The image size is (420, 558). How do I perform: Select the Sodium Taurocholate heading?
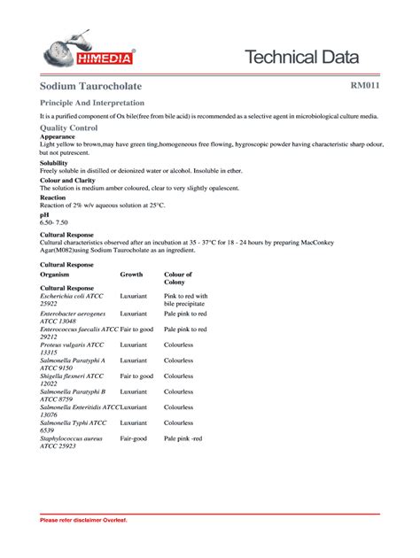click(x=89, y=87)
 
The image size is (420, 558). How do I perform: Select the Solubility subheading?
click(x=54, y=163)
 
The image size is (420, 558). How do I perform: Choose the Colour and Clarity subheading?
click(x=66, y=180)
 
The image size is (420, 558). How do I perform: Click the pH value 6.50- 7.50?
click(x=55, y=221)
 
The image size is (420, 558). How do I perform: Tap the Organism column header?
click(x=55, y=275)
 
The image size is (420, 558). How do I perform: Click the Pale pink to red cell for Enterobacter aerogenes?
click(x=185, y=314)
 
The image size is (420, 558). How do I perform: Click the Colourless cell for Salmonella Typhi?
click(x=178, y=423)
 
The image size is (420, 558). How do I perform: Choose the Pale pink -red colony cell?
click(x=183, y=438)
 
